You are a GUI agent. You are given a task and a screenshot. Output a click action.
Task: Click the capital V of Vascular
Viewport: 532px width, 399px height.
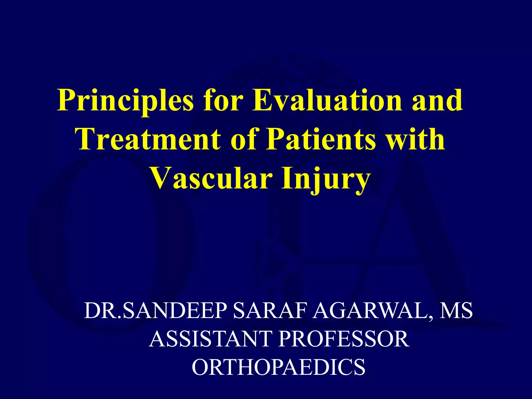pyautogui.click(x=160, y=178)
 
